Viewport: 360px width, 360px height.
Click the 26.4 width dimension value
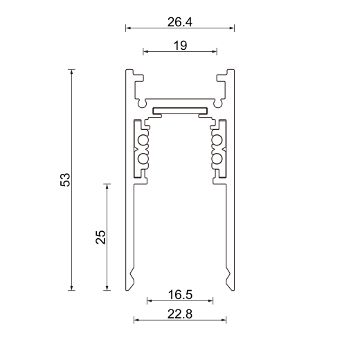(179, 21)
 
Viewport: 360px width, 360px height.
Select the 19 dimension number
(179, 45)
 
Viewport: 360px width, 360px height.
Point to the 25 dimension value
(101, 237)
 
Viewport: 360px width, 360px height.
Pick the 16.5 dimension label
(179, 295)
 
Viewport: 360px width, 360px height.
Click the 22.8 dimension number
(179, 314)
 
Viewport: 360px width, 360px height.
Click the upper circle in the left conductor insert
(143, 142)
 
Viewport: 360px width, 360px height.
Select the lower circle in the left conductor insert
(143, 159)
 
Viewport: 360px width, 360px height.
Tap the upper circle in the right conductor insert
(217, 142)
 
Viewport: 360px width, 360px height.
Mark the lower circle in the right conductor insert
(217, 159)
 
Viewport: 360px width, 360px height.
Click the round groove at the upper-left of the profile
(142, 105)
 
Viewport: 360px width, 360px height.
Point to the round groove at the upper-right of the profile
(218, 105)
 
